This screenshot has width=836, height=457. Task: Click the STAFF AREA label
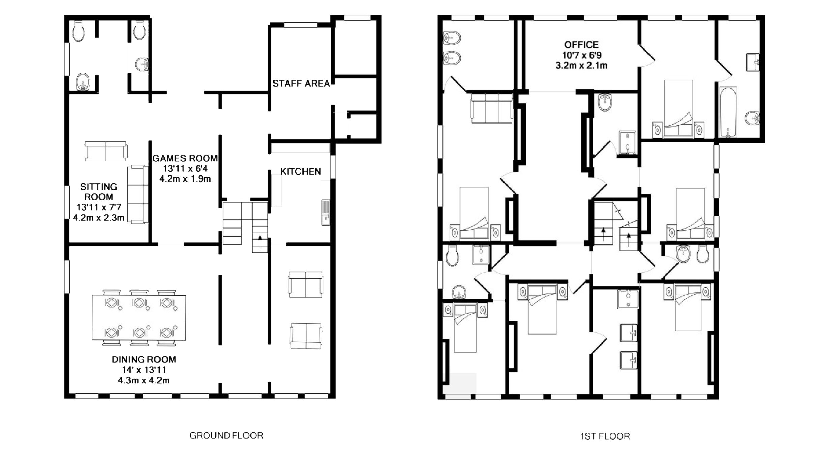click(301, 84)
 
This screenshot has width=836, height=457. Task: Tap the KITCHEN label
click(300, 172)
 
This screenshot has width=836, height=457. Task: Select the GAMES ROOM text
click(185, 158)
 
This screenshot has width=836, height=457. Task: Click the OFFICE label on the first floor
click(581, 45)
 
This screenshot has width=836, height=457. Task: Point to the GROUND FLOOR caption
click(226, 436)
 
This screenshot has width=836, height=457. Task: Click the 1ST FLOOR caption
click(605, 436)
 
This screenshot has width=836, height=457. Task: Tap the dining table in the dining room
click(139, 318)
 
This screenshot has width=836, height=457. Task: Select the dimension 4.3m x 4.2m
click(144, 380)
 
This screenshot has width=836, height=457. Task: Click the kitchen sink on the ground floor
click(325, 212)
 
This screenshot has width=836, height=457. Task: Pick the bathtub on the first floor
click(728, 112)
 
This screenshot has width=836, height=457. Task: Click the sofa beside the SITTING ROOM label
click(138, 194)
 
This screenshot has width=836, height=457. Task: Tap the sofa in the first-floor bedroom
click(492, 108)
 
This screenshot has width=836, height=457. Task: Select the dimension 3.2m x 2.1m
click(581, 65)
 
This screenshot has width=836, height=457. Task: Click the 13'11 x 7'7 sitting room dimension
click(98, 207)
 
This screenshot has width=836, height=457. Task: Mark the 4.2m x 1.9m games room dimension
click(185, 179)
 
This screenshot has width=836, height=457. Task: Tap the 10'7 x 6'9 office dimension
click(581, 55)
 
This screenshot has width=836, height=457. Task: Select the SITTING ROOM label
click(98, 192)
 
